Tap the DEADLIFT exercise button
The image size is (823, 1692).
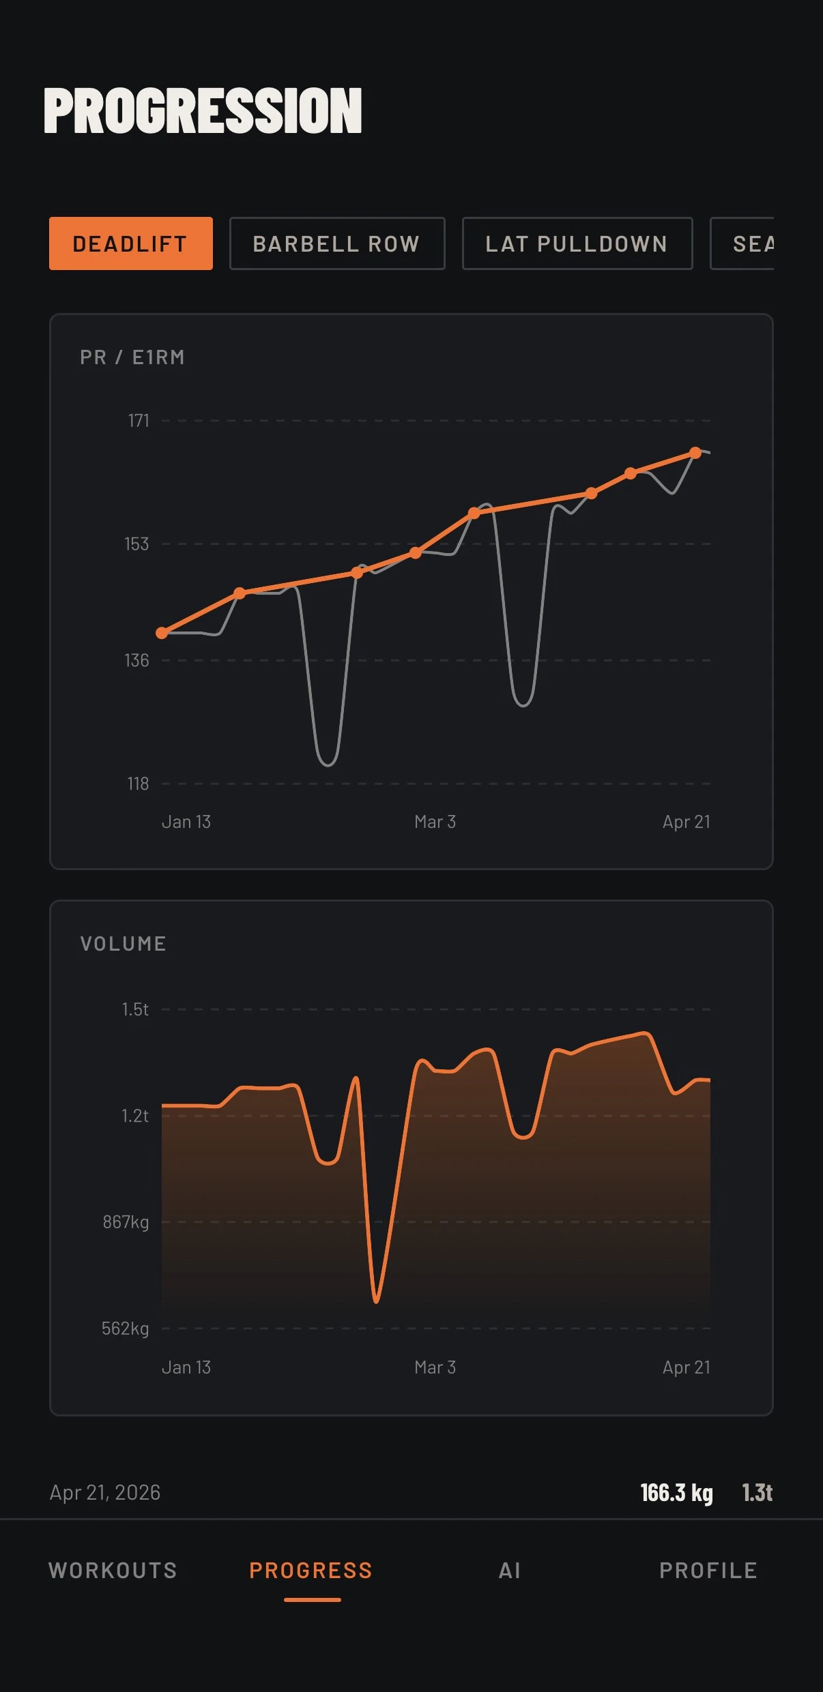tap(130, 243)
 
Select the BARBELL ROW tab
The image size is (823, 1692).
tap(336, 243)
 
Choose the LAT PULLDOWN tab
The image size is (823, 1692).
tap(577, 243)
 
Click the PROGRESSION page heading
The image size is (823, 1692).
tap(203, 110)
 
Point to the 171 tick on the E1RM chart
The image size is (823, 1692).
tap(139, 421)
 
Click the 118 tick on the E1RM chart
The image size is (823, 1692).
tap(138, 784)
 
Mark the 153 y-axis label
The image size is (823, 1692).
tap(136, 544)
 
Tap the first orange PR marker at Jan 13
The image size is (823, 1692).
tap(162, 633)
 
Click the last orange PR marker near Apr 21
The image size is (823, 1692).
tap(695, 453)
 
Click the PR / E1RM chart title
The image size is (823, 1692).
tap(132, 357)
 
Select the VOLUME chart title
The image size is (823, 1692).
tap(124, 944)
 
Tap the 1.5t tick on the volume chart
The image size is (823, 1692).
tap(135, 1009)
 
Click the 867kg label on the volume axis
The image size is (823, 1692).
tap(126, 1222)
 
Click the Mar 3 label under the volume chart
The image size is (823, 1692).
tap(435, 1367)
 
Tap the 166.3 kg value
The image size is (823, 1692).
tap(676, 1493)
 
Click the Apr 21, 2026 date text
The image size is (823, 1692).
tap(105, 1493)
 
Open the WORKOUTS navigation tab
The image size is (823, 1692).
tap(113, 1571)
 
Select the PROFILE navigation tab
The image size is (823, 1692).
tap(708, 1571)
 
